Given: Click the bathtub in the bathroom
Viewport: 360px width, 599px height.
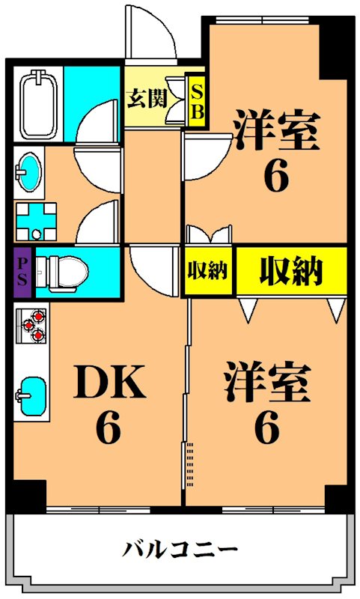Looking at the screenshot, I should (37, 103).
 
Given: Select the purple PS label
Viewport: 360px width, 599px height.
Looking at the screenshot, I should (22, 271).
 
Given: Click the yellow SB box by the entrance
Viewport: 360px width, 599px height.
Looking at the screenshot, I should (197, 100).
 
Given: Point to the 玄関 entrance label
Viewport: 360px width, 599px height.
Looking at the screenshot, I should (146, 99).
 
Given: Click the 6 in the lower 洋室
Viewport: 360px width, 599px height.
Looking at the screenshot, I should (266, 429).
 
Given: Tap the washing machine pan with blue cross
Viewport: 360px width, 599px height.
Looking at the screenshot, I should (32, 222).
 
